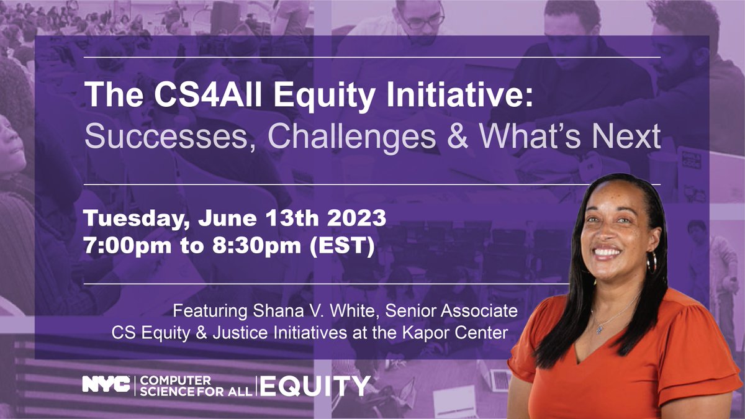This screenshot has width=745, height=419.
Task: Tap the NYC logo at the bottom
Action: [x=107, y=385]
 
